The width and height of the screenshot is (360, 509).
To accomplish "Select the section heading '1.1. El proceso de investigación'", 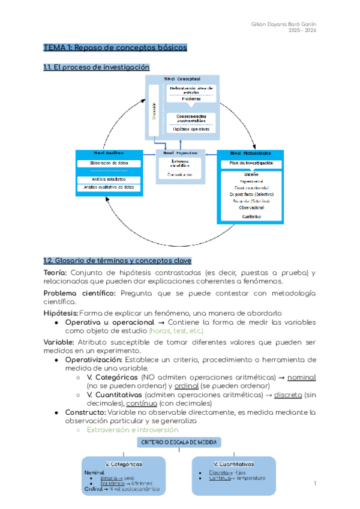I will (x=96, y=67).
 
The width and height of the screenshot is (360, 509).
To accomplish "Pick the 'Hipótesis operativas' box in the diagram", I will (x=191, y=129).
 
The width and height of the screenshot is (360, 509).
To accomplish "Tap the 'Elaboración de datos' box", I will (x=109, y=163).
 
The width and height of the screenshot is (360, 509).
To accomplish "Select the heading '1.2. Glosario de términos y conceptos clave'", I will (x=118, y=261).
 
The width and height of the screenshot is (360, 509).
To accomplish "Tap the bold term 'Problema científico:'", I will (x=80, y=292).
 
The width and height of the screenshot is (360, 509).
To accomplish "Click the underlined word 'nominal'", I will (x=301, y=377).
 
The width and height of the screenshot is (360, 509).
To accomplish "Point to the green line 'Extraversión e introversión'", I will (x=133, y=430).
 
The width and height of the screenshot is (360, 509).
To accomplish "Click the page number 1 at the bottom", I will (x=315, y=483).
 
